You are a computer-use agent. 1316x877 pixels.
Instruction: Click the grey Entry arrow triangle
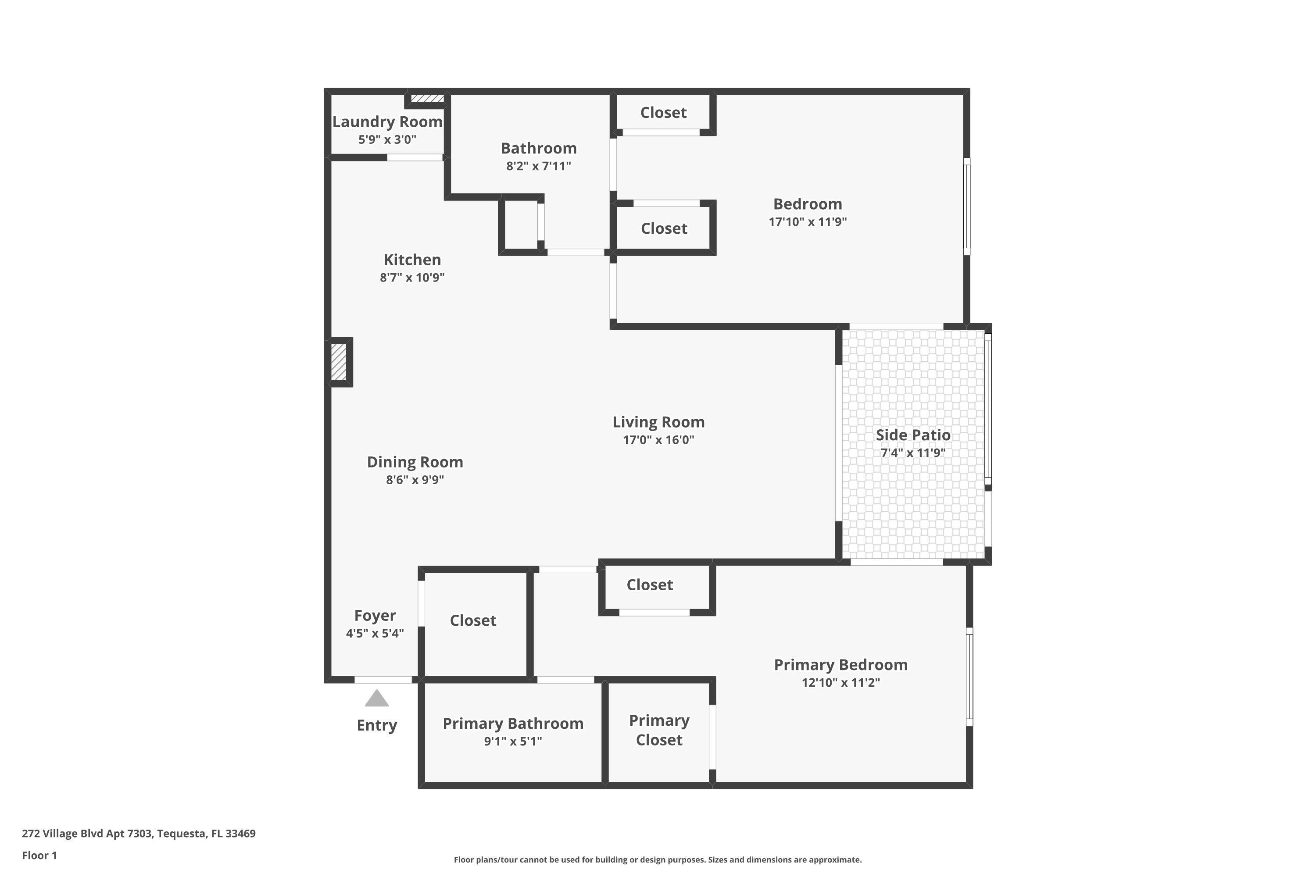click(x=376, y=698)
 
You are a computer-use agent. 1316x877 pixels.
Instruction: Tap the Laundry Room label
click(x=387, y=121)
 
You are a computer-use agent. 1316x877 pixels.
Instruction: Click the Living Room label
click(x=658, y=422)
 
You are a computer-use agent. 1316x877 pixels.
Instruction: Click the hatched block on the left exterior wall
click(x=339, y=362)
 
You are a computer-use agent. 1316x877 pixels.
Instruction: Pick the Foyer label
click(x=375, y=615)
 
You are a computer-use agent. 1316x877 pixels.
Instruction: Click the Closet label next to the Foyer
click(x=473, y=620)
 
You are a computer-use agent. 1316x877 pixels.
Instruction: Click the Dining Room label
click(x=415, y=462)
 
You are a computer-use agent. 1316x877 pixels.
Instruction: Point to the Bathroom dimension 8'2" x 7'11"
click(x=538, y=166)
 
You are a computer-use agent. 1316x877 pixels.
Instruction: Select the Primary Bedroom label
click(x=840, y=664)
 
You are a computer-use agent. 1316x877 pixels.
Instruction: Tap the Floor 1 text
click(x=39, y=855)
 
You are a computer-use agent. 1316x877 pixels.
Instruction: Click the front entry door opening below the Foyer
click(x=383, y=680)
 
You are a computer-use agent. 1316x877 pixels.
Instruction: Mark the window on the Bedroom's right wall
click(x=966, y=206)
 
